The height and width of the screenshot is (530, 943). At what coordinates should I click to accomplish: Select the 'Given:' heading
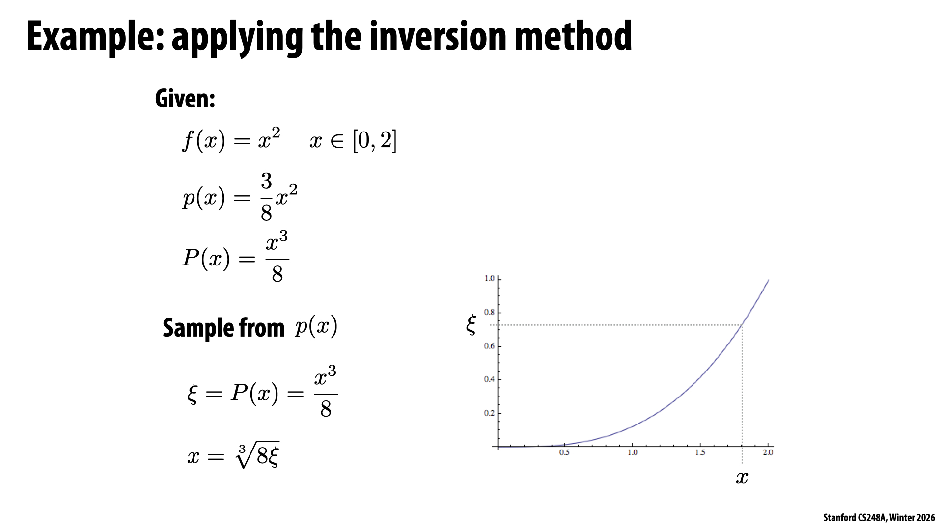tap(185, 99)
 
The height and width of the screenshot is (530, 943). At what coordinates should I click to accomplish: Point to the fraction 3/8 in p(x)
tap(266, 197)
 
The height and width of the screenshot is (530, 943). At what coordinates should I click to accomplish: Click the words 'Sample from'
tap(223, 328)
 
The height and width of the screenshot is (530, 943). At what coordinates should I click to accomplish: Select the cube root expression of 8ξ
tap(257, 455)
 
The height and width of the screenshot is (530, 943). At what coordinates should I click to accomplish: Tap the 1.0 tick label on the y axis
tap(489, 279)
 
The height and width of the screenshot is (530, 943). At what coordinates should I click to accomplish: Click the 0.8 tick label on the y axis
tap(489, 312)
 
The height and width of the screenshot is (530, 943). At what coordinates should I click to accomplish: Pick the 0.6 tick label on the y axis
tap(489, 346)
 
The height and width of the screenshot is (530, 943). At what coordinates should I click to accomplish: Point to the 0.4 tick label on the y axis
tap(489, 379)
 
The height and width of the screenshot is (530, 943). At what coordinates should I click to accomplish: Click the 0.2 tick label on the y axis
tap(489, 413)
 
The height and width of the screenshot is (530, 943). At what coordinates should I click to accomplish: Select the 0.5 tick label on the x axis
tap(565, 452)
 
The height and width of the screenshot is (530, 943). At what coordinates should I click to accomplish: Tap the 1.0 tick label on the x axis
tap(633, 452)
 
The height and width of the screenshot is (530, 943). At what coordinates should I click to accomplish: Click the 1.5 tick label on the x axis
tap(700, 452)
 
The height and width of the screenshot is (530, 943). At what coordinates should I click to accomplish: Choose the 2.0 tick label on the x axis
tap(768, 452)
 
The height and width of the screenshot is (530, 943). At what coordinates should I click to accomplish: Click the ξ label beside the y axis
tap(471, 325)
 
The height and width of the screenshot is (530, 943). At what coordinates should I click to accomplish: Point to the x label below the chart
tap(742, 477)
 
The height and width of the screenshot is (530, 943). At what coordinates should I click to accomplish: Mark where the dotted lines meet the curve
tap(742, 325)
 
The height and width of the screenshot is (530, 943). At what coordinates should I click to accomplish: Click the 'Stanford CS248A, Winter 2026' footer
tap(879, 518)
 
